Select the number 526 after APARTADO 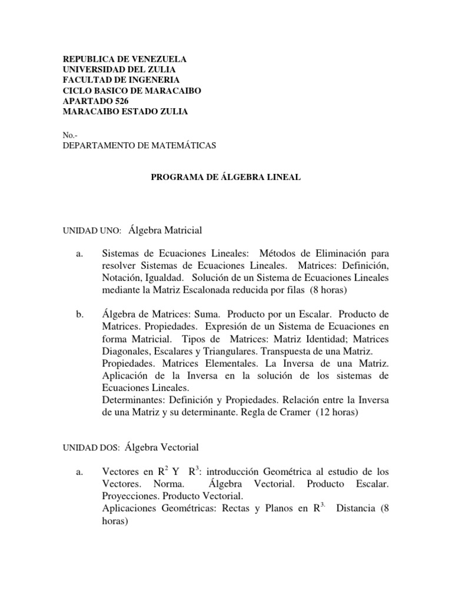(x=121, y=101)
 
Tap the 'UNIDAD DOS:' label (x=91, y=448)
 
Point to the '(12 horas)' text (x=336, y=412)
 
